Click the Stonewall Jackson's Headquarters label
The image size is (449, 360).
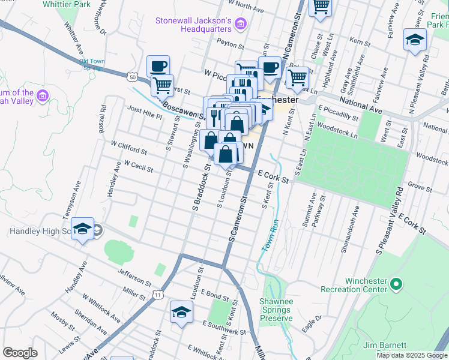click(x=193, y=24)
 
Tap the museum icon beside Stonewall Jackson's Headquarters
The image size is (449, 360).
click(x=241, y=24)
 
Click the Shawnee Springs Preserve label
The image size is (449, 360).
click(x=276, y=310)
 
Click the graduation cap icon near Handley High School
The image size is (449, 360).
click(x=83, y=229)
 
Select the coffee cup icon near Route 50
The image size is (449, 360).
click(x=158, y=65)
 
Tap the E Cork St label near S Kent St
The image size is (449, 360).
click(x=273, y=176)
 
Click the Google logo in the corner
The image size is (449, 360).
click(x=20, y=353)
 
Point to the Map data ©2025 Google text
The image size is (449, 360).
click(x=412, y=355)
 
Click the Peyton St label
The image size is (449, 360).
click(x=231, y=44)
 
